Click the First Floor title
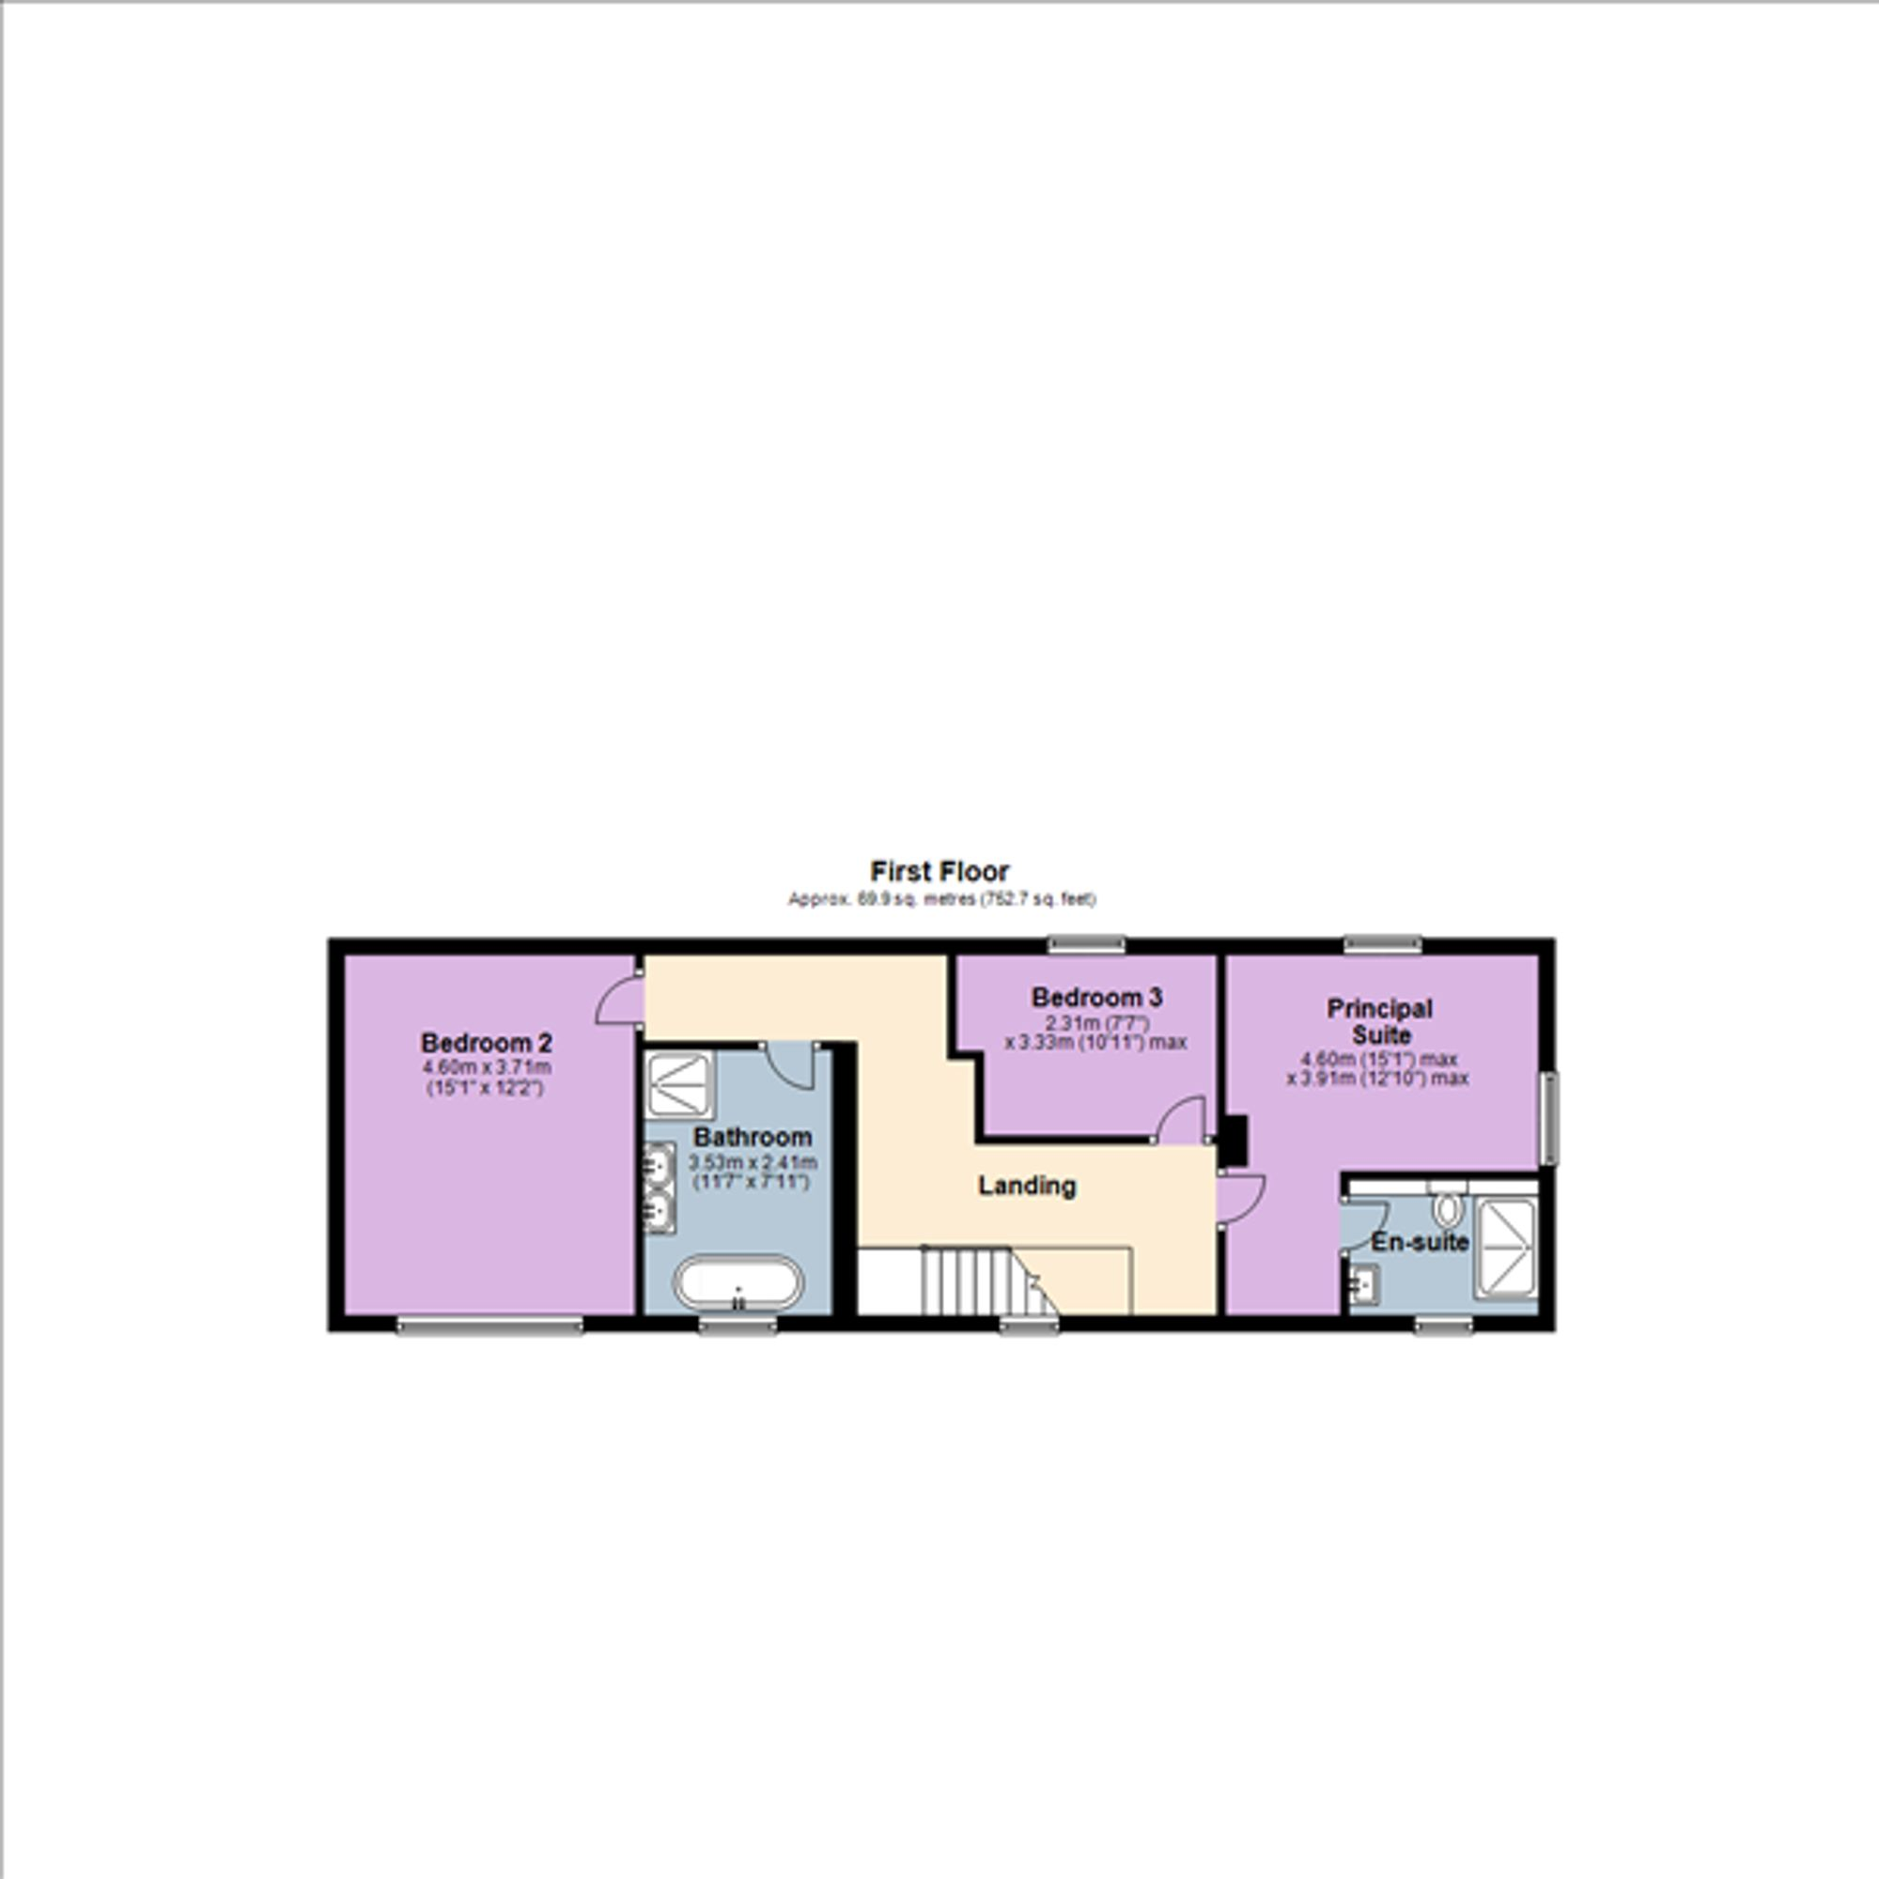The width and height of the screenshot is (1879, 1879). click(x=939, y=871)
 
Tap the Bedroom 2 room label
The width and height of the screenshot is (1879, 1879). click(x=487, y=1043)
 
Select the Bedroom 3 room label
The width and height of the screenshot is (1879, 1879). click(x=1097, y=997)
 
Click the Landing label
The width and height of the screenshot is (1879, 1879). click(x=1027, y=1186)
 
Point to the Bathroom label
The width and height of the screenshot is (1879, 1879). click(x=753, y=1136)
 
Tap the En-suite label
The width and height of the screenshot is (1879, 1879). click(x=1420, y=1242)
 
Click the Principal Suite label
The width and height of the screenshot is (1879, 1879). click(x=1380, y=1021)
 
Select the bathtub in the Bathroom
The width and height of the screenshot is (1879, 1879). click(x=739, y=1283)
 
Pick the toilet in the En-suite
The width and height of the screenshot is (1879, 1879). click(x=1446, y=1208)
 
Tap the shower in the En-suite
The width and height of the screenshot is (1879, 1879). click(x=1505, y=1248)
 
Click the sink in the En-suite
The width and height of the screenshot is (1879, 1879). click(x=1364, y=1284)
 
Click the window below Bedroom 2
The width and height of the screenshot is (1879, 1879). click(x=489, y=1324)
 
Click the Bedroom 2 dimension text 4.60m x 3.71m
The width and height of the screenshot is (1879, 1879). click(x=487, y=1067)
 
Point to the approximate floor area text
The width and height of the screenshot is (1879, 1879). click(x=941, y=900)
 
